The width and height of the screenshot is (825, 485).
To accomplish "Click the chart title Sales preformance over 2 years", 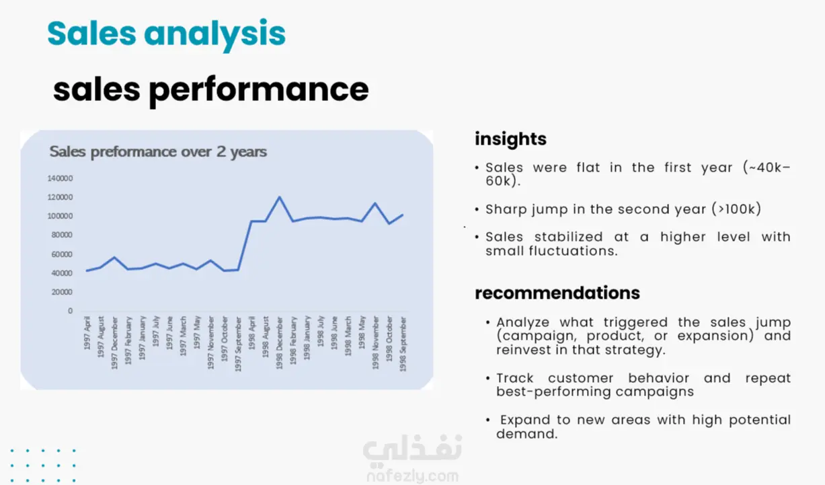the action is pos(158,152).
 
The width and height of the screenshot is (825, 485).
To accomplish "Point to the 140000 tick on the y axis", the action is pos(60,178).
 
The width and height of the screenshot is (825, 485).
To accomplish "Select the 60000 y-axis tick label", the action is pos(62,254).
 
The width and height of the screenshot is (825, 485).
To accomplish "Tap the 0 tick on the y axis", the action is pos(70,311).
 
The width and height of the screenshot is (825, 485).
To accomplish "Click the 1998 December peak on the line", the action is pos(280,197).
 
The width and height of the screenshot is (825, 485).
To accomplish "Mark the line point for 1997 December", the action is pos(114,257).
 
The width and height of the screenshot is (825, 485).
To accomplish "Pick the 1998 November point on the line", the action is pos(375,203).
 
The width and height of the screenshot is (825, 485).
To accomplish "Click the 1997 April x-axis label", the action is pos(87,333).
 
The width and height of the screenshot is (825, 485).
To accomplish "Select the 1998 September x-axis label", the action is pos(403,344).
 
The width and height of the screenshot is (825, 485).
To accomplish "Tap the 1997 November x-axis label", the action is pos(210,343).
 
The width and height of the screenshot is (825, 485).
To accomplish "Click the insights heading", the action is pos(510,139).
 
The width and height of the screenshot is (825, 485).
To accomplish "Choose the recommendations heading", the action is pos(557,293).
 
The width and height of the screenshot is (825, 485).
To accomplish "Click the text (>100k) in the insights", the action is pos(736,209).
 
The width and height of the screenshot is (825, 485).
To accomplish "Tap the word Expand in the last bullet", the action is pos(525,420).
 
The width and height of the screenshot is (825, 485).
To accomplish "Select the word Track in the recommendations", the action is pos(514,378).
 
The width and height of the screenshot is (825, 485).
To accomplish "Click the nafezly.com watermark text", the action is pos(413,476).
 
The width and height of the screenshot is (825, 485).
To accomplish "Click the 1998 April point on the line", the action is pos(251,221).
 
